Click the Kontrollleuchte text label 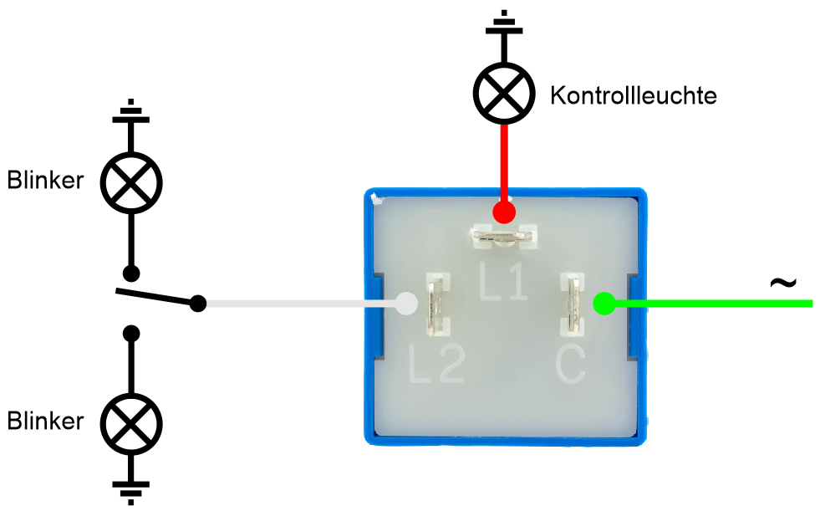pyautogui.click(x=634, y=95)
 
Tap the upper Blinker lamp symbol pyautogui.click(x=130, y=181)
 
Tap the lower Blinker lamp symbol pyautogui.click(x=130, y=424)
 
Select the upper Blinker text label pyautogui.click(x=46, y=180)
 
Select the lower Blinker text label pyautogui.click(x=46, y=421)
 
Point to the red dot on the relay pyautogui.click(x=503, y=212)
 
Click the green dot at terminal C pyautogui.click(x=604, y=303)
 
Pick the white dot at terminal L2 pyautogui.click(x=405, y=303)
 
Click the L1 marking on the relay pyautogui.click(x=503, y=283)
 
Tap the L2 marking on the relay pyautogui.click(x=437, y=364)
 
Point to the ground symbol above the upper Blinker pyautogui.click(x=130, y=112)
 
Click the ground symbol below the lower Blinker pyautogui.click(x=130, y=492)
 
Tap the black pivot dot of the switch pyautogui.click(x=198, y=303)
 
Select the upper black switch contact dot pyautogui.click(x=130, y=273)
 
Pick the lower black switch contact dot pyautogui.click(x=130, y=334)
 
